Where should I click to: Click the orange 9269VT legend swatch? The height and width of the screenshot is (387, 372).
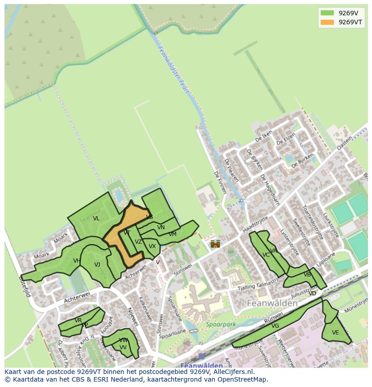(328, 22)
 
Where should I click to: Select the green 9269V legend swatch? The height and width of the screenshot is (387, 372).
(328, 13)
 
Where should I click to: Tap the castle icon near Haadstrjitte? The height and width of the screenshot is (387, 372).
(215, 244)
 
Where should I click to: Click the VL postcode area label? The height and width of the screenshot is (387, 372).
(96, 219)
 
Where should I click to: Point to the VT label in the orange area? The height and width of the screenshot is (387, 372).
(127, 233)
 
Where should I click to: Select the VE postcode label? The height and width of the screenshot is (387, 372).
(335, 333)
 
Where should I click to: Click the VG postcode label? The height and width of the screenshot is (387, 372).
(275, 326)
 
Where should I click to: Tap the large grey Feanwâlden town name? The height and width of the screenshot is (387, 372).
(272, 303)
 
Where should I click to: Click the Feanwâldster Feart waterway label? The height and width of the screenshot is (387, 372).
(173, 70)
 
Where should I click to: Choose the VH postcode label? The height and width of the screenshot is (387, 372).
(77, 261)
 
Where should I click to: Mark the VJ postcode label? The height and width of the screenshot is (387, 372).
(97, 265)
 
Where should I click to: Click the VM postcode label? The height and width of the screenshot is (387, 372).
(173, 234)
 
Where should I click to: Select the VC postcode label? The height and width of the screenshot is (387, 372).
(266, 255)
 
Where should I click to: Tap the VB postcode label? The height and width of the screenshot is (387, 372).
(307, 275)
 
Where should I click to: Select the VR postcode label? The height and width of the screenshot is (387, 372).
(78, 320)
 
